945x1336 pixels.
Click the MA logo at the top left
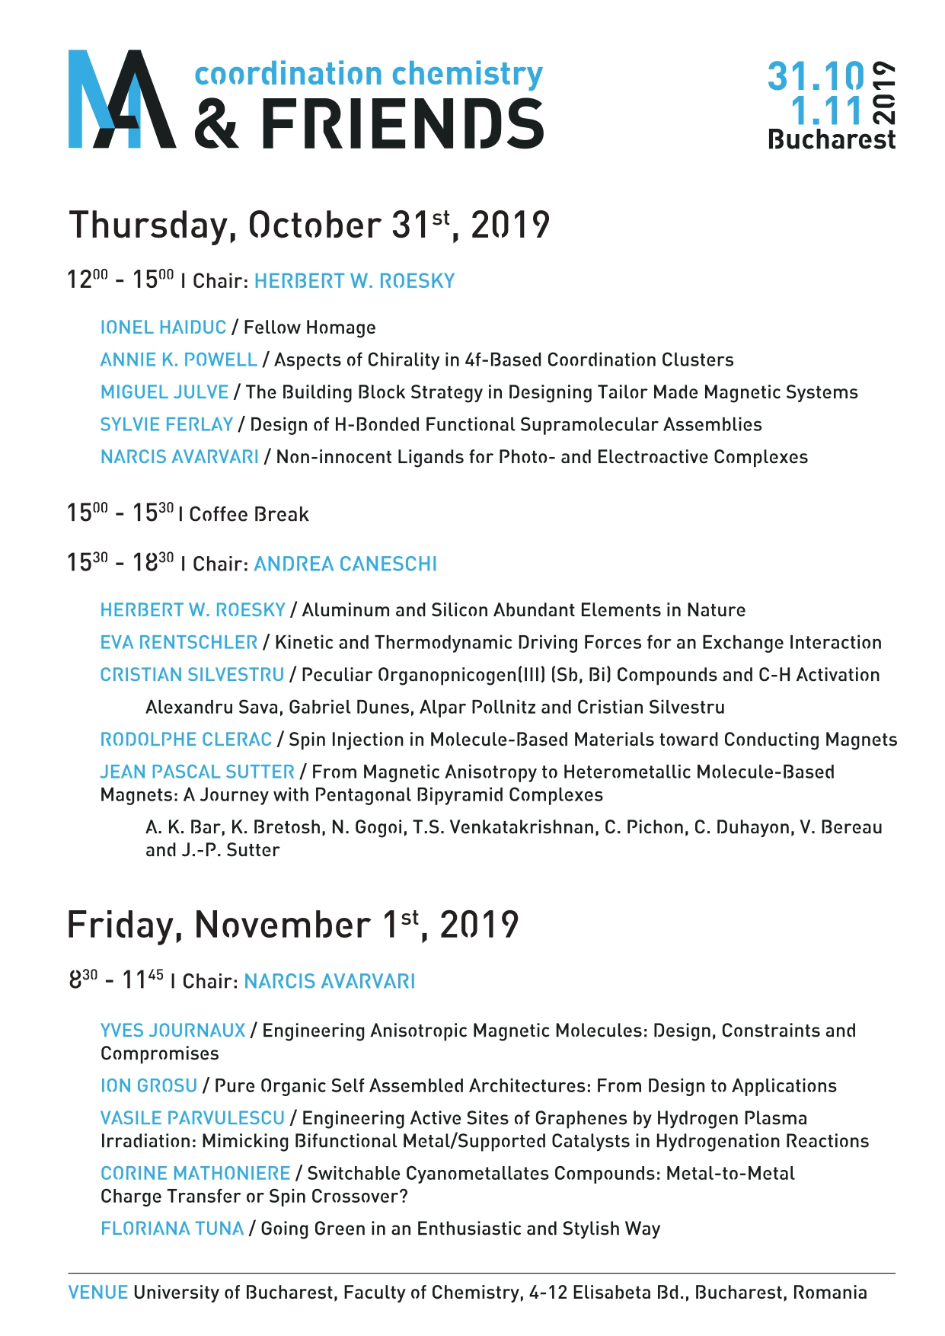tap(122, 99)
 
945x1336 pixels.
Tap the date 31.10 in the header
tap(816, 76)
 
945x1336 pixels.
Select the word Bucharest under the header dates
tap(832, 140)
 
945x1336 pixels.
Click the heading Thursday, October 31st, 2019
tap(308, 225)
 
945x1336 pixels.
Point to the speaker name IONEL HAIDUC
tap(163, 328)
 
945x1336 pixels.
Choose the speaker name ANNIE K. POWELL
tap(178, 360)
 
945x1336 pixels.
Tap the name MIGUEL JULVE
tap(164, 392)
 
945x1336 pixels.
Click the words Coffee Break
tap(249, 515)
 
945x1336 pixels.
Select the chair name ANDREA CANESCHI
tap(345, 564)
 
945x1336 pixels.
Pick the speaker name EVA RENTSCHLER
tap(178, 643)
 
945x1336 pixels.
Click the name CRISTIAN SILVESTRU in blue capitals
tap(192, 676)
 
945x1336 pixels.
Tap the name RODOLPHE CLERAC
tap(186, 740)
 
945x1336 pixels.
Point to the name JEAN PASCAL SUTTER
tap(197, 772)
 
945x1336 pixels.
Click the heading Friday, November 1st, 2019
tap(292, 925)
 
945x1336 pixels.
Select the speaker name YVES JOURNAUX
tap(173, 1031)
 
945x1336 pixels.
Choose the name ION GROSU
tap(148, 1086)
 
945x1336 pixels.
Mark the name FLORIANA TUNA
tap(172, 1229)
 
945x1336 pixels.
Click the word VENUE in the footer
tap(97, 1293)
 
